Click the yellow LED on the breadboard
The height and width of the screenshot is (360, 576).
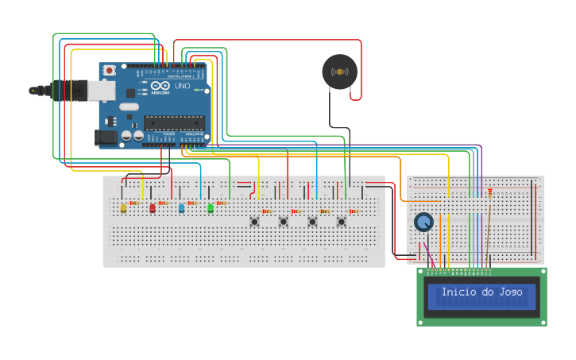[123, 208]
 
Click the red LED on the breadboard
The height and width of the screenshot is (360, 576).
[153, 208]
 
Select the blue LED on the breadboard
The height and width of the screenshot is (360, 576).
[181, 208]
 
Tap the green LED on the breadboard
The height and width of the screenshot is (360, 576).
[211, 208]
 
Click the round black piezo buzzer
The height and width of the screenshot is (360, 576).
[339, 72]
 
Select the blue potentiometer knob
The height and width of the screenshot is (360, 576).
[423, 222]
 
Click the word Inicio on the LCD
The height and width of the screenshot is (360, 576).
[458, 292]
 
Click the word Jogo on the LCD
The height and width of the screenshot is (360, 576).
[510, 292]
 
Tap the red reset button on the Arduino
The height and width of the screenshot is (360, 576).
[109, 71]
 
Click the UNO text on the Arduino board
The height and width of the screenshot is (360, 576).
[182, 86]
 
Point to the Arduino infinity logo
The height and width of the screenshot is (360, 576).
[160, 86]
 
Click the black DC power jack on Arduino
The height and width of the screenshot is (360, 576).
[106, 137]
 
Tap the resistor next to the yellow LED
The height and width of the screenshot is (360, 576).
[134, 203]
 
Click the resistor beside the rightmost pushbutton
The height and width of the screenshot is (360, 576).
[354, 211]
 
